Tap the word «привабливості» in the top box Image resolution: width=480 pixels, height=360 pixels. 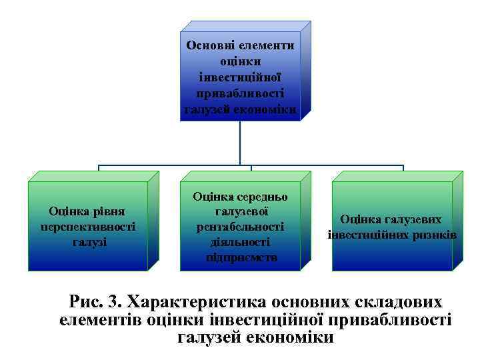tap(241, 95)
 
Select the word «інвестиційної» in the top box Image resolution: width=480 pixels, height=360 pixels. tap(241, 78)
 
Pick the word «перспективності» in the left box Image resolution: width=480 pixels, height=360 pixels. tap(87, 227)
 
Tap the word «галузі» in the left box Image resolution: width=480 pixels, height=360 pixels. tap(89, 241)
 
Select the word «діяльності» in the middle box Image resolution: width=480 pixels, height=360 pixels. tap(241, 242)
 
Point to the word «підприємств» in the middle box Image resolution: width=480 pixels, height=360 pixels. tap(241, 257)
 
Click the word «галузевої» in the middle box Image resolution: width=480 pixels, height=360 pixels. tap(241, 212)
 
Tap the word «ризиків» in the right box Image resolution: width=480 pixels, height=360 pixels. tap(435, 235)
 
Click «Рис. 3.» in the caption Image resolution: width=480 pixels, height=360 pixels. tap(94, 301)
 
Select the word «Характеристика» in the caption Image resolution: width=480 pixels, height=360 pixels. tap(198, 301)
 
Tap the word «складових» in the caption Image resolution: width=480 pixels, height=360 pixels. tap(396, 301)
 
